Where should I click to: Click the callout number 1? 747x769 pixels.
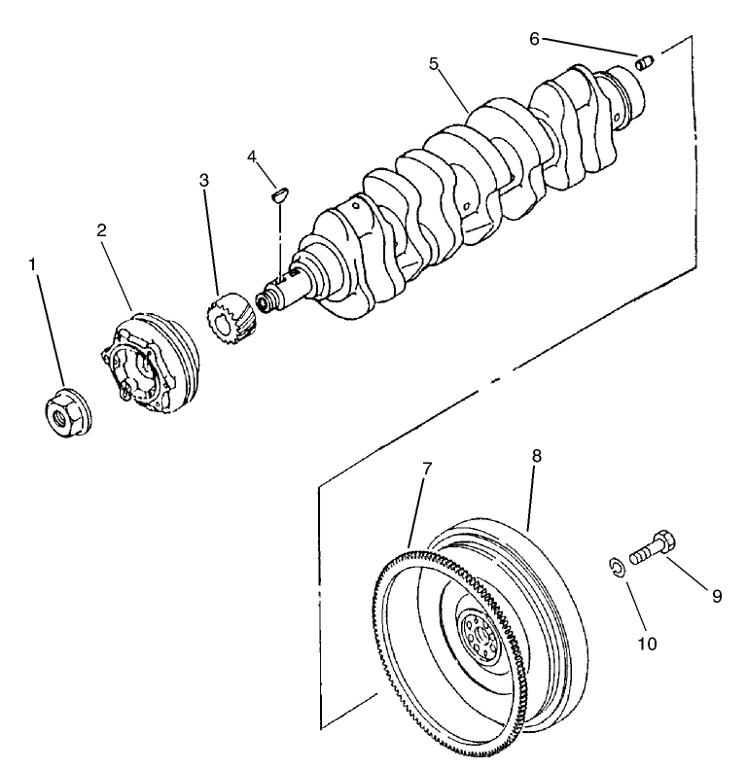click(x=37, y=263)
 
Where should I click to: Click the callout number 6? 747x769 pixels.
click(x=534, y=38)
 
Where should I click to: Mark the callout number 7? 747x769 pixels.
click(x=427, y=470)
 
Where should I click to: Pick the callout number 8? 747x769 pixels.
click(x=536, y=455)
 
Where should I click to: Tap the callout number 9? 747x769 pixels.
click(x=717, y=596)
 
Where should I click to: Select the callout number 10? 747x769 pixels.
click(x=648, y=644)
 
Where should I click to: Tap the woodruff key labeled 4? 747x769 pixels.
click(x=278, y=193)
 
